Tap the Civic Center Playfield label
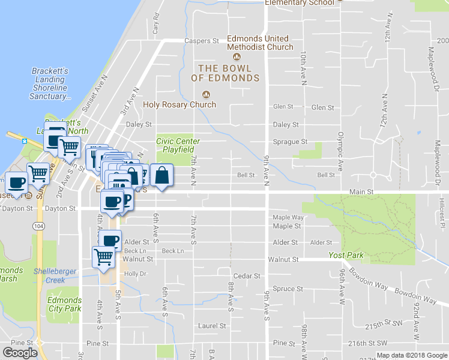pos(178,145)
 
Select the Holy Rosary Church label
pos(179,104)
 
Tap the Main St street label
pos(362,191)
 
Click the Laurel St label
pos(212,326)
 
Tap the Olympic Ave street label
pos(340,152)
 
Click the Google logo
pos(20,353)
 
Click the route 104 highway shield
pos(39,226)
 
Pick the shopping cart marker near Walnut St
pos(103,256)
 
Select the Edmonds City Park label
pos(64,304)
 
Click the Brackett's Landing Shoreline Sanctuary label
pos(50,83)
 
